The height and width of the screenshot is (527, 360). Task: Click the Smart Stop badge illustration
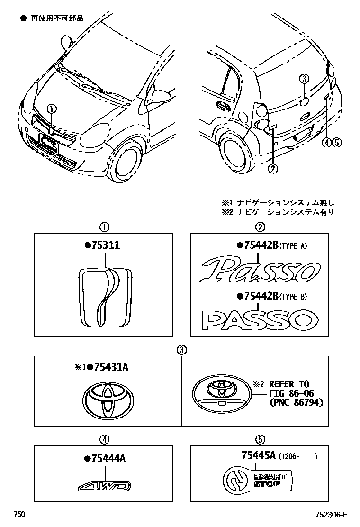258,481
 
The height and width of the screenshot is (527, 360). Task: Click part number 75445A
259,456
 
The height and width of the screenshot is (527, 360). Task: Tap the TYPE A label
294,245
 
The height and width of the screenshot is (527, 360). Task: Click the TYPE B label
294,297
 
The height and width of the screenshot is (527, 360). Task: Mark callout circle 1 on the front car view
52,109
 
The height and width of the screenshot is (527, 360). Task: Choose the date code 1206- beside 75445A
290,456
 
